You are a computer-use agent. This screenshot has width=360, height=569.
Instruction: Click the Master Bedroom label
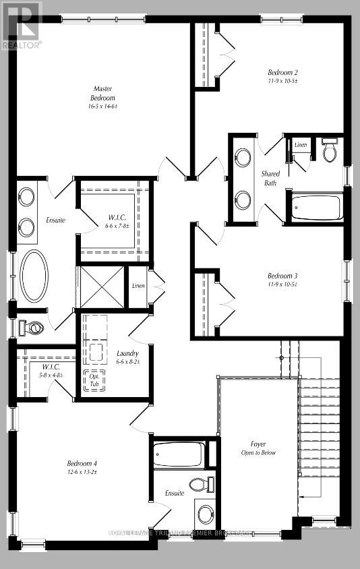pos(102,97)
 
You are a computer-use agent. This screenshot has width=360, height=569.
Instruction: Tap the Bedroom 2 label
pos(282,76)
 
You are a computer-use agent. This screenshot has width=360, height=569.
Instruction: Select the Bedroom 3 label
pos(282,280)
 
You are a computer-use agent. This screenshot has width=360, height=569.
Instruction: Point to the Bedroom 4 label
pos(82,467)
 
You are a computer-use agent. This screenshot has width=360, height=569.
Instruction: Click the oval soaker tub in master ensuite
pos(34,276)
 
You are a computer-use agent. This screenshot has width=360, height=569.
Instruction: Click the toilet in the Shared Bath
pos(330,152)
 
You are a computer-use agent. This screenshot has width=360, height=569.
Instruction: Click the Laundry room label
pos(127,357)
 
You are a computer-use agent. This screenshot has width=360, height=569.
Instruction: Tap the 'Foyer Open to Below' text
pos(258,448)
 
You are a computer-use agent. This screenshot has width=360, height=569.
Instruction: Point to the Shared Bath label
pos(270,178)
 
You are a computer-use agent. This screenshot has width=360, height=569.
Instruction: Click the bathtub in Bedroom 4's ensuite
pos(177,455)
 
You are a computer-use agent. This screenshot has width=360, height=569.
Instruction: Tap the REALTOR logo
pos(22,24)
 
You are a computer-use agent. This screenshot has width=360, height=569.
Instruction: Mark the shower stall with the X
pos(101,287)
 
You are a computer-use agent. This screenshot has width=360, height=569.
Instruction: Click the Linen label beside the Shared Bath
pos(301,145)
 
